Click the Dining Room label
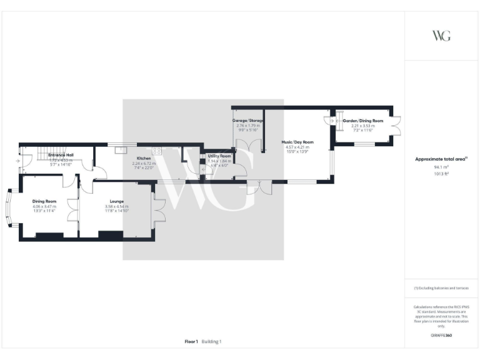(44, 201)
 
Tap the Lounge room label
(116, 201)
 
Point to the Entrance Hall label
(61, 154)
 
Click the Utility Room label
(219, 156)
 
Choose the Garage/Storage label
(248, 120)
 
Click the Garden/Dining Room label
(362, 120)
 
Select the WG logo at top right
(441, 35)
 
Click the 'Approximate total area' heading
(440, 159)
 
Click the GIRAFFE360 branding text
(441, 336)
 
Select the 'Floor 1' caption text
(191, 341)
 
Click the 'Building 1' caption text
(211, 341)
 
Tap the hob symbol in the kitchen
(157, 151)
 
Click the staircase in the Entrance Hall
(42, 153)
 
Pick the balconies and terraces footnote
(441, 287)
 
